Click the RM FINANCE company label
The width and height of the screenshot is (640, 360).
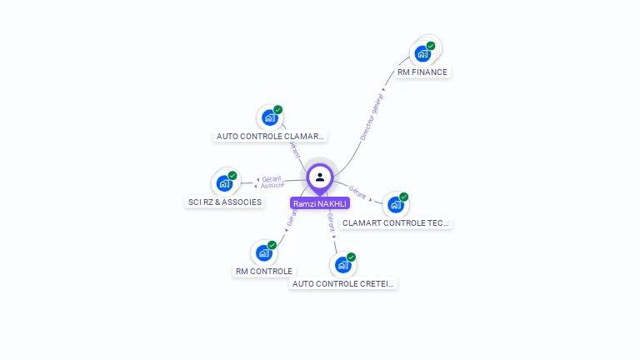tap(422, 72)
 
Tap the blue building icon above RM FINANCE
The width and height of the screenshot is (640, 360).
tap(422, 54)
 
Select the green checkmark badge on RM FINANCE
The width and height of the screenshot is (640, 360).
tap(431, 46)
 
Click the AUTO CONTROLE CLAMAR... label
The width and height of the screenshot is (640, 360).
tap(269, 136)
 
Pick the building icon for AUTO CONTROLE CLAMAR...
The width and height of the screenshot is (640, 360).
tap(269, 117)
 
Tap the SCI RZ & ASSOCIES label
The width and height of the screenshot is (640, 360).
tap(225, 202)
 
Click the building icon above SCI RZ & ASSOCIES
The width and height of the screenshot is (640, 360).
tap(224, 183)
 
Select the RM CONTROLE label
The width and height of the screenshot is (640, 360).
tap(264, 271)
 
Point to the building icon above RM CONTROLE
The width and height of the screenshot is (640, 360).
tap(264, 252)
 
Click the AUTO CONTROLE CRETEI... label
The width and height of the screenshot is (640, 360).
tap(343, 283)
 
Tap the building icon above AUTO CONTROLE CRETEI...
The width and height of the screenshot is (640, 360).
tap(342, 265)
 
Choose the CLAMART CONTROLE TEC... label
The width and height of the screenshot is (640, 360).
tap(396, 222)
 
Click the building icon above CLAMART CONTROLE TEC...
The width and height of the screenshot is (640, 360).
tap(396, 204)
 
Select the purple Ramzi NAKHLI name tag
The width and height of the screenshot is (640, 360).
tap(320, 203)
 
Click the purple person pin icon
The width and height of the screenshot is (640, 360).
tap(320, 177)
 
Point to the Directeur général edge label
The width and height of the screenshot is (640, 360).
tap(372, 117)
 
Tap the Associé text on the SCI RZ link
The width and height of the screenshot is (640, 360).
tap(272, 185)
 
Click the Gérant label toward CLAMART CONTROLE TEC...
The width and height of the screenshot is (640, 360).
tap(357, 191)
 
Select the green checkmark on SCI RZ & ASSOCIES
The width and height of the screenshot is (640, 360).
tap(232, 176)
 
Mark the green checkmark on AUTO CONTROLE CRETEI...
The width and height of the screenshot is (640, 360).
tap(351, 257)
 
